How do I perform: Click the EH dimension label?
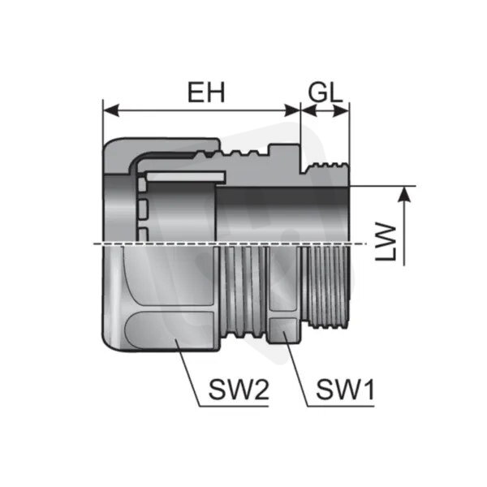pos(206,93)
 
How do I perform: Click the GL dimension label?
pos(325,93)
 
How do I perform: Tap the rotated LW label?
pos(386,242)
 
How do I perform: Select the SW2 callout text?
pos(239,390)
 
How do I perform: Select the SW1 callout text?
pos(346,390)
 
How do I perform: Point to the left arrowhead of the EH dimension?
pos(111,110)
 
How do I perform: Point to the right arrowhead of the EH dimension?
pos(292,110)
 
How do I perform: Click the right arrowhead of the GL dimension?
pos(341,110)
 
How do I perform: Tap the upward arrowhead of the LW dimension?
pos(404,195)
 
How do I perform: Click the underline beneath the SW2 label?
pos(234,406)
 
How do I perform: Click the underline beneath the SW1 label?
pos(341,406)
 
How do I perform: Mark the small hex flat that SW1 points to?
pos(283,330)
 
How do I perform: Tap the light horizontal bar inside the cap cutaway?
pos(186,176)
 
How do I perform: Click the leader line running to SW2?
pos(187,373)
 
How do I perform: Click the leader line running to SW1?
pos(295,369)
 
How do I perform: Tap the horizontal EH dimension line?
pos(201,110)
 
